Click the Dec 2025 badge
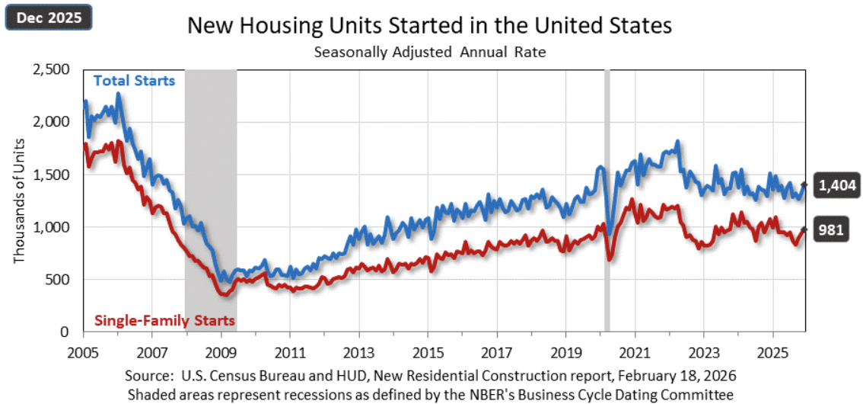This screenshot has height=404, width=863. point(49,16)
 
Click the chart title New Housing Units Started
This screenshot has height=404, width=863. point(430,26)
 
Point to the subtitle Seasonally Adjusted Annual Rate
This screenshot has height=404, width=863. point(430,53)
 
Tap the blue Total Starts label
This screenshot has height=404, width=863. point(134,80)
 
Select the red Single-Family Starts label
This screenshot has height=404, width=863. point(164,320)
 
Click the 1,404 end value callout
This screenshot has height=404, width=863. point(837,184)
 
